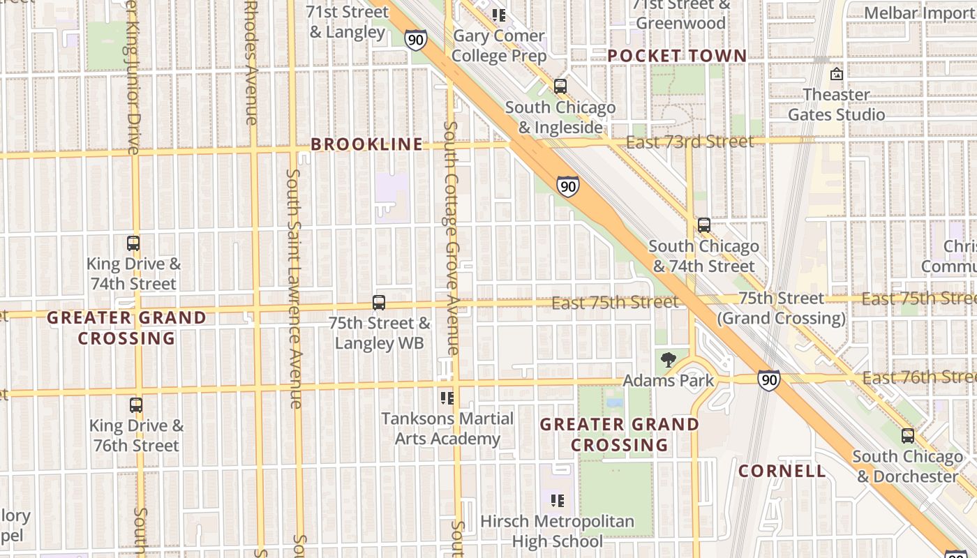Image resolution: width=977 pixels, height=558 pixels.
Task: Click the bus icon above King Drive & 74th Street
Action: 133,243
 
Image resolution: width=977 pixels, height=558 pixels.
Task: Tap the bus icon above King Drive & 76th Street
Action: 136,405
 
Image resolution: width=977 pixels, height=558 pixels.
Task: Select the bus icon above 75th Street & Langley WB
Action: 379,303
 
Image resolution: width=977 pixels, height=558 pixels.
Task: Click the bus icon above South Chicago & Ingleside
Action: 560,86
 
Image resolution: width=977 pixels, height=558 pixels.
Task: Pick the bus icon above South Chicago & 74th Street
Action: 704,225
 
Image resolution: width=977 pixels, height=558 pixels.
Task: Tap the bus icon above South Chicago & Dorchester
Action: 908,436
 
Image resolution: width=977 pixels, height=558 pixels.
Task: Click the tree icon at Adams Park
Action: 669,360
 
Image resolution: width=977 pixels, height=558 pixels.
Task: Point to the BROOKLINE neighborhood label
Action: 367,144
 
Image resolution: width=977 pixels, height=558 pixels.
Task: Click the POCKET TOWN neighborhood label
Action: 677,56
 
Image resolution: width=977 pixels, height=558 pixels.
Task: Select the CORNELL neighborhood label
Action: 782,471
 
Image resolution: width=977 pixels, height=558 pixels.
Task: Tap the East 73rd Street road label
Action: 689,142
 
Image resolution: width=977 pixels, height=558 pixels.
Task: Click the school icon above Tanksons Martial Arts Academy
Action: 447,398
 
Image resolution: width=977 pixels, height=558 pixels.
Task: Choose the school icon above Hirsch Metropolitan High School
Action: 557,500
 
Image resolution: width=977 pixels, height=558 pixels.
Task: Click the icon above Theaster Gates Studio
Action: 837,73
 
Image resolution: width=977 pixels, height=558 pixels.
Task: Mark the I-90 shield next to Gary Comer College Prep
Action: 415,40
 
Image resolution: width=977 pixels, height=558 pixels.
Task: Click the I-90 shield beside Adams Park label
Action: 768,380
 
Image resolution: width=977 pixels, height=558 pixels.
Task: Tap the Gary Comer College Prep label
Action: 498,45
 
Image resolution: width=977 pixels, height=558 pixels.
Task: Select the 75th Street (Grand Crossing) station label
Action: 782,308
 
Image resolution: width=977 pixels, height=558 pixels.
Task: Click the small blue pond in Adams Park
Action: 615,402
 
